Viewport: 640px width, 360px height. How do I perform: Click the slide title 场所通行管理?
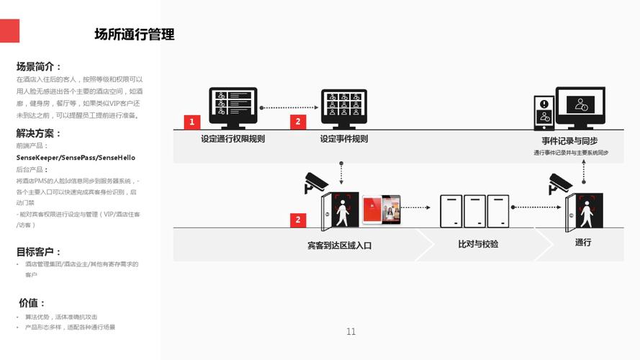point(134,35)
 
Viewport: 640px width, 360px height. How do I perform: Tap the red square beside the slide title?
point(9,30)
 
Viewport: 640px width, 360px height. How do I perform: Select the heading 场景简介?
point(39,67)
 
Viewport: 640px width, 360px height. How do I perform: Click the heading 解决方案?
point(39,134)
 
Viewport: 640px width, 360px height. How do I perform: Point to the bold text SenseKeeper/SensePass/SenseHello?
point(76,158)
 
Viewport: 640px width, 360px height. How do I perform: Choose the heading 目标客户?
point(39,252)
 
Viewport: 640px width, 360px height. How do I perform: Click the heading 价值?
point(32,303)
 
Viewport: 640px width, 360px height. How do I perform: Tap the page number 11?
point(351,332)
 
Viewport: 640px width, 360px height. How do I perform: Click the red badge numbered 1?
point(191,122)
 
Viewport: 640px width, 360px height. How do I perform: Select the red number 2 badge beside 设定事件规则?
point(298,122)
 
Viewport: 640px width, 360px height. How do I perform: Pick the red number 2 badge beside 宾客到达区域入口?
point(298,220)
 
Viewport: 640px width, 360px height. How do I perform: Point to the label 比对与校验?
point(478,244)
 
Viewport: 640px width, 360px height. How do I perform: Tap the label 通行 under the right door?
point(583,243)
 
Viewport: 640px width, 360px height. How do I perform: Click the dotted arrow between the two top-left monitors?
point(288,108)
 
